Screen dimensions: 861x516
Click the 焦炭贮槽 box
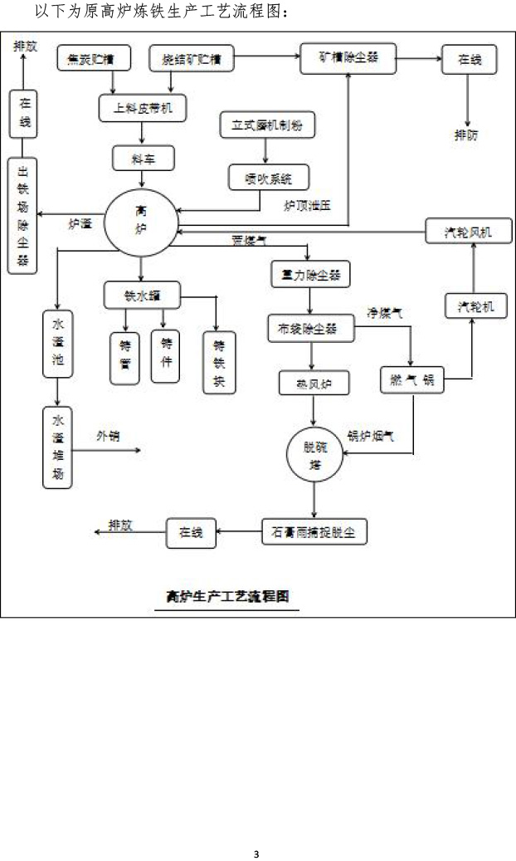click(90, 60)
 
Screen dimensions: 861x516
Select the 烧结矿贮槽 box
click(191, 60)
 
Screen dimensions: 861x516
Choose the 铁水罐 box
click(142, 294)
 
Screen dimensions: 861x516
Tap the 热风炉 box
click(312, 383)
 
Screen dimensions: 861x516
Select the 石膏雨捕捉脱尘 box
click(314, 532)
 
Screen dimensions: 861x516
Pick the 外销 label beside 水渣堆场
click(108, 435)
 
